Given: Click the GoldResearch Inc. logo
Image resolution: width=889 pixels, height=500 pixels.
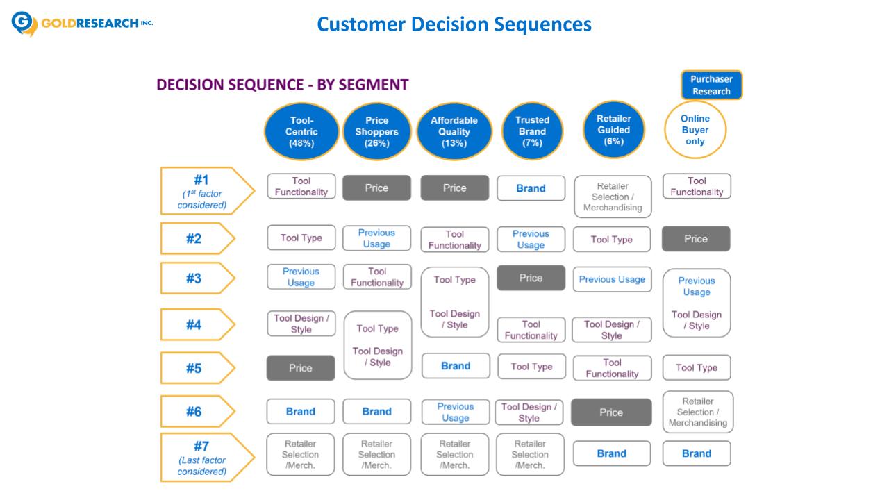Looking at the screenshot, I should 83,24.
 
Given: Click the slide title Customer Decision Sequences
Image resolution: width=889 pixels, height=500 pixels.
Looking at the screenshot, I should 454,24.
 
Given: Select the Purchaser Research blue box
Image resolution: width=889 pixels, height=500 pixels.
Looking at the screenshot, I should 711,85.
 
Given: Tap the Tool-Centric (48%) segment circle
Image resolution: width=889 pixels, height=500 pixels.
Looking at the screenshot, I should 301,131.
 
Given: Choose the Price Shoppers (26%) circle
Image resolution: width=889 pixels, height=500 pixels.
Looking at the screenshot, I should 376,131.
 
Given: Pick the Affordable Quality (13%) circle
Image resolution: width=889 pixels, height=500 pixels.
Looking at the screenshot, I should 454,131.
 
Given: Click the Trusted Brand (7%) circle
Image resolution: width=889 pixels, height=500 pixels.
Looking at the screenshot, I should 532,131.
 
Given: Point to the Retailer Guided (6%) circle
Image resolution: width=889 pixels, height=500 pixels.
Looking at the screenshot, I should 613,130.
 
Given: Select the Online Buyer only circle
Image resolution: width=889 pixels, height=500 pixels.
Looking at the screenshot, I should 695,130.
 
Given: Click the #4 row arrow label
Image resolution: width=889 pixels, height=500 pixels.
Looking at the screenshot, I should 199,325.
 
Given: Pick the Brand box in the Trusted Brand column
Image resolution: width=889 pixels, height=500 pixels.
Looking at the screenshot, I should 531,188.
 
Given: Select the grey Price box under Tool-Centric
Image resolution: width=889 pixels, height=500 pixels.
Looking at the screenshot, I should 301,368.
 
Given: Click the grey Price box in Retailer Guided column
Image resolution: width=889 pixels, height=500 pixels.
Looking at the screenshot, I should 611,412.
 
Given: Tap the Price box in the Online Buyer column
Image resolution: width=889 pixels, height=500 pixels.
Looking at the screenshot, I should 696,239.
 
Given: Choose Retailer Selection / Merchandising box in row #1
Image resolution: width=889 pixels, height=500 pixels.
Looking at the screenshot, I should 613,197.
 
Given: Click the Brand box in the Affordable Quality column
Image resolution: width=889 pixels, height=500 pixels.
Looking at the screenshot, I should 456,366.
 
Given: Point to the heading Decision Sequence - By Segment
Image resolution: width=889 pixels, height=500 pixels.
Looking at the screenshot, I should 283,85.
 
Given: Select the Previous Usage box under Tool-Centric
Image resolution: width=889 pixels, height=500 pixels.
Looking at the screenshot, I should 301,277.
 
